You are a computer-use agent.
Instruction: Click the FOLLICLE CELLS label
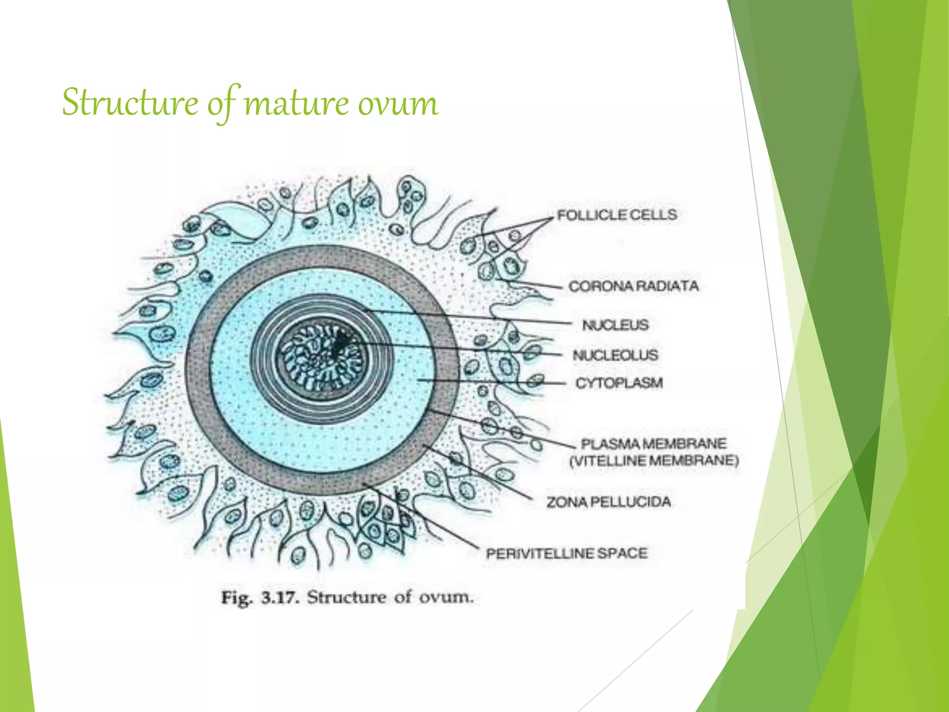click(617, 215)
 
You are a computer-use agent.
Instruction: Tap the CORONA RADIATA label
click(633, 286)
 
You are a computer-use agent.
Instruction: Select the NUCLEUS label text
click(615, 325)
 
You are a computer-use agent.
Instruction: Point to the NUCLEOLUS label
click(615, 355)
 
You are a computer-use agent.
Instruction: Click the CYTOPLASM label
click(619, 383)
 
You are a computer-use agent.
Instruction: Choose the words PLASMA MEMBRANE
click(653, 444)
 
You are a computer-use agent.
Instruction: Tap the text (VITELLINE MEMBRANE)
click(654, 461)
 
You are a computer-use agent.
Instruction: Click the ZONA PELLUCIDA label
click(608, 502)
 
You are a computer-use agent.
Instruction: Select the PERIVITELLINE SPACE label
click(566, 553)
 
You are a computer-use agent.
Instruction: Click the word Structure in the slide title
click(130, 103)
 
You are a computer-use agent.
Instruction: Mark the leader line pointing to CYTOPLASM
click(491, 381)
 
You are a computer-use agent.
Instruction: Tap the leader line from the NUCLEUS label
click(468, 317)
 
